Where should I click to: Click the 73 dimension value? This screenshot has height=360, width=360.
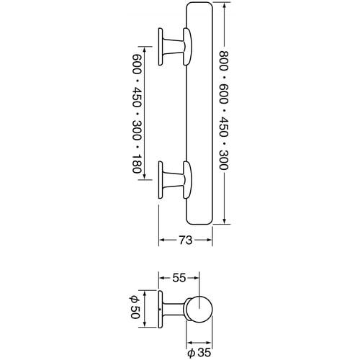tap(186, 240)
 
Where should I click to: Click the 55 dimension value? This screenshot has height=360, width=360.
tap(179, 278)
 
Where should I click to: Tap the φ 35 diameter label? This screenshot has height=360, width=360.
tap(199, 353)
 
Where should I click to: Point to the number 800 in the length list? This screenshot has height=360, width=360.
tap(224, 60)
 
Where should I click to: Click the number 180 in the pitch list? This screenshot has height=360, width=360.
tap(136, 163)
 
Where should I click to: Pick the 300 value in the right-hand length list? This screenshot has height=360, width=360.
tap(224, 160)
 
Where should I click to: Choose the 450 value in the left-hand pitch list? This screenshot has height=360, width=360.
tap(136, 97)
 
